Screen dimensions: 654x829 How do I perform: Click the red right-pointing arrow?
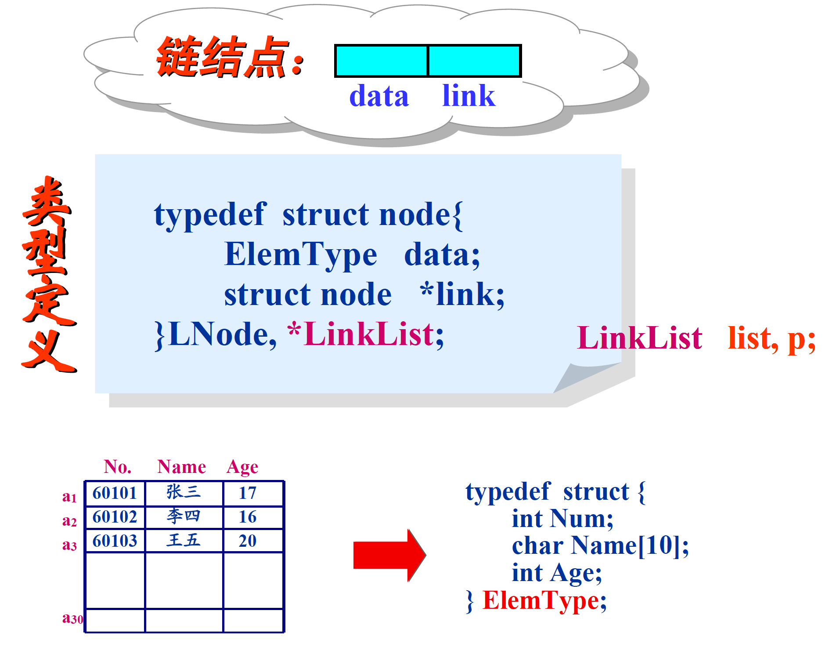(x=389, y=555)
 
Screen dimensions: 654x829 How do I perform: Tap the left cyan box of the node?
(x=381, y=61)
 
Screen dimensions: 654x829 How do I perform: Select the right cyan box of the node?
(x=474, y=61)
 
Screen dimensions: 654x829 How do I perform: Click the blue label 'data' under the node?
(x=379, y=96)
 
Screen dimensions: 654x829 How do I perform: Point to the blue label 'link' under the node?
(x=469, y=96)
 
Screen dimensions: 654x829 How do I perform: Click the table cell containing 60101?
(x=115, y=493)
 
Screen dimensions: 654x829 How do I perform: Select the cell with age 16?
(x=248, y=517)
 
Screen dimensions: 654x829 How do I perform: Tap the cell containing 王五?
(x=184, y=540)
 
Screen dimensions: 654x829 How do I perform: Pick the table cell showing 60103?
(x=115, y=541)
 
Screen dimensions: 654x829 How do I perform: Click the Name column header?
(x=181, y=467)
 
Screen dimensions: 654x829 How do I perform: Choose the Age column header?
(x=242, y=467)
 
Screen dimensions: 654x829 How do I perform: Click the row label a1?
(x=69, y=497)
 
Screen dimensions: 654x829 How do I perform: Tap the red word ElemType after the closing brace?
(x=540, y=600)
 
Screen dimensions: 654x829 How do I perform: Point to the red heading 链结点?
(x=224, y=57)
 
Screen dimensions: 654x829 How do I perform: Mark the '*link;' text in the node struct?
(x=462, y=294)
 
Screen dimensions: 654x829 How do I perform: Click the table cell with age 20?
(x=248, y=541)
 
